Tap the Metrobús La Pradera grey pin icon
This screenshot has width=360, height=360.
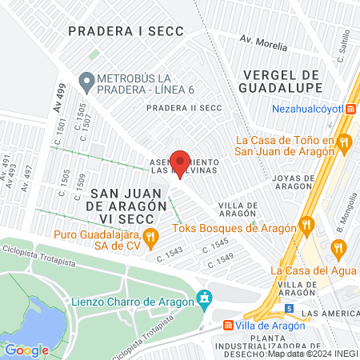tap(86, 80)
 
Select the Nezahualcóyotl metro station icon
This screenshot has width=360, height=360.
tap(350, 110)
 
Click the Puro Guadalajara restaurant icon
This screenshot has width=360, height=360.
tap(149, 236)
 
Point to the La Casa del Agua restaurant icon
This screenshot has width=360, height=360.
tap(340, 249)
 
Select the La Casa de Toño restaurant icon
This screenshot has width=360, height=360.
tap(345, 143)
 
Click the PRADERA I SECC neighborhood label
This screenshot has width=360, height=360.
tap(126, 31)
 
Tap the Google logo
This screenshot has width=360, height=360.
tap(26, 350)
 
